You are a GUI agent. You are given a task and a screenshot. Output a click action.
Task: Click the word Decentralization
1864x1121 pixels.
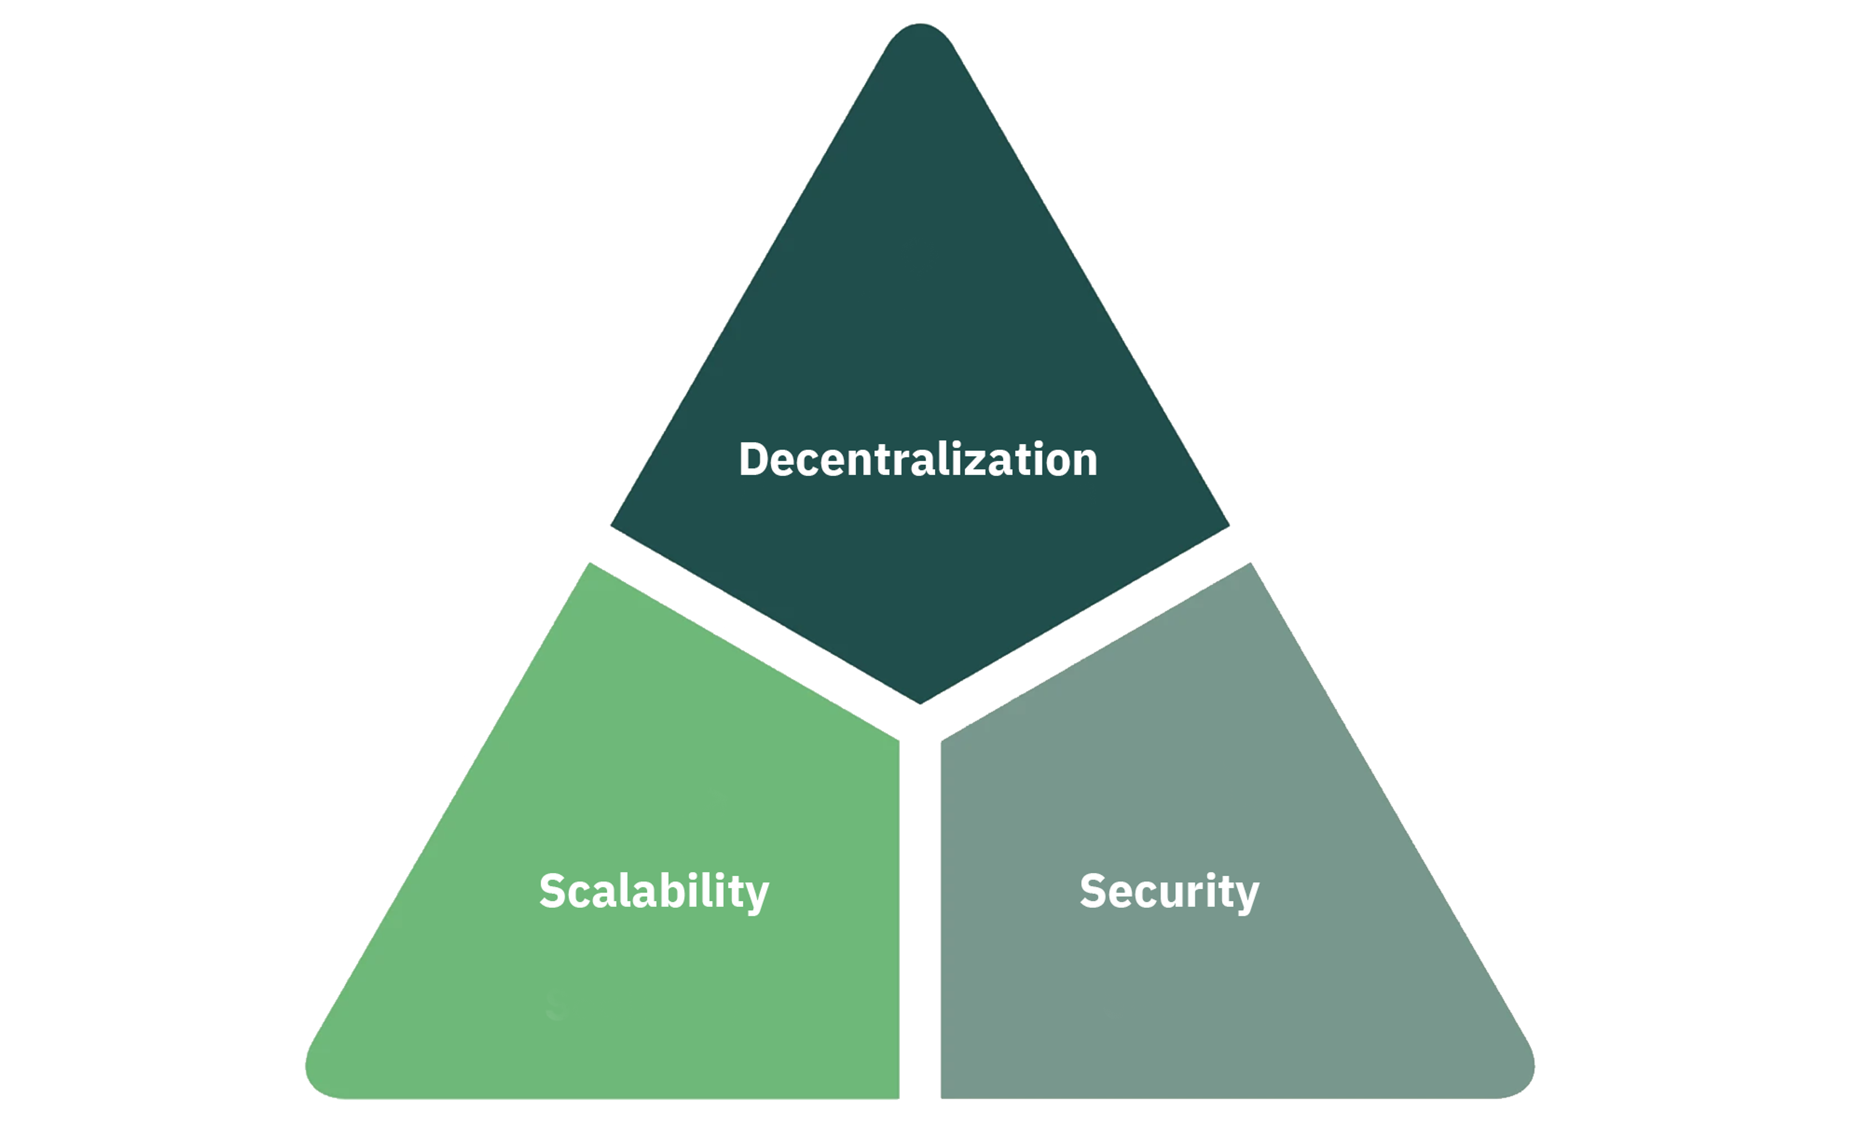tap(917, 459)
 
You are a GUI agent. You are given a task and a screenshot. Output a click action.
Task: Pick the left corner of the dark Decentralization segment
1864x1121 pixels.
tap(612, 525)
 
